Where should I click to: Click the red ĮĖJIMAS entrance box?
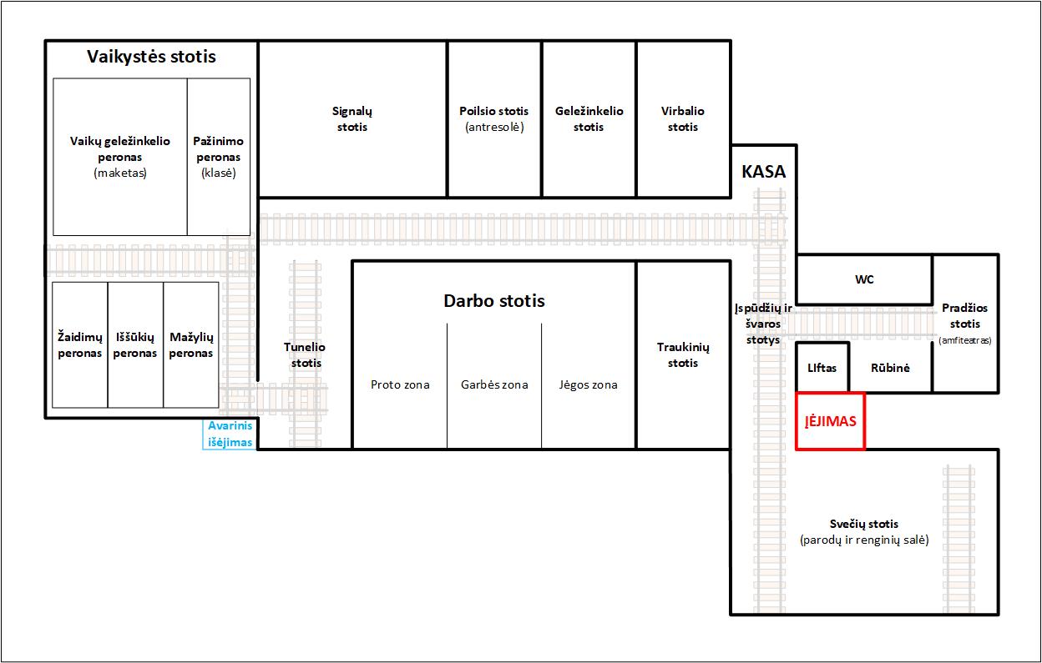(x=830, y=421)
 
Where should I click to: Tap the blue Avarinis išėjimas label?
(x=230, y=434)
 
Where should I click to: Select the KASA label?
(x=763, y=172)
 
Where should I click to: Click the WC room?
(x=864, y=279)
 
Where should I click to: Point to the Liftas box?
(x=822, y=368)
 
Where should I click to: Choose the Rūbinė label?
(x=890, y=368)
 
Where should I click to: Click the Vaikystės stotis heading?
(x=151, y=57)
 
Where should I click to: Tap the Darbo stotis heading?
(x=494, y=300)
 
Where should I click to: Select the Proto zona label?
(x=400, y=384)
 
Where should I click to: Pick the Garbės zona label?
(x=494, y=384)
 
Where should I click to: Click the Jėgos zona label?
(x=588, y=384)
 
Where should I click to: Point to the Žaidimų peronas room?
(x=80, y=344)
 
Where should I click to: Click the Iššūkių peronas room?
(x=135, y=344)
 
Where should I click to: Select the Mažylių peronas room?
(x=190, y=344)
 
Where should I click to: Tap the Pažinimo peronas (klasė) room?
(x=219, y=157)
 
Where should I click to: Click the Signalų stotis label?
(x=352, y=119)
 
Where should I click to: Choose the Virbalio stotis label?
(x=683, y=119)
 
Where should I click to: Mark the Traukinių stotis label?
(x=683, y=355)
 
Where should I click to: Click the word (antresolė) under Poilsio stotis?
(x=494, y=127)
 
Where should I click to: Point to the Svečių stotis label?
(x=864, y=524)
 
